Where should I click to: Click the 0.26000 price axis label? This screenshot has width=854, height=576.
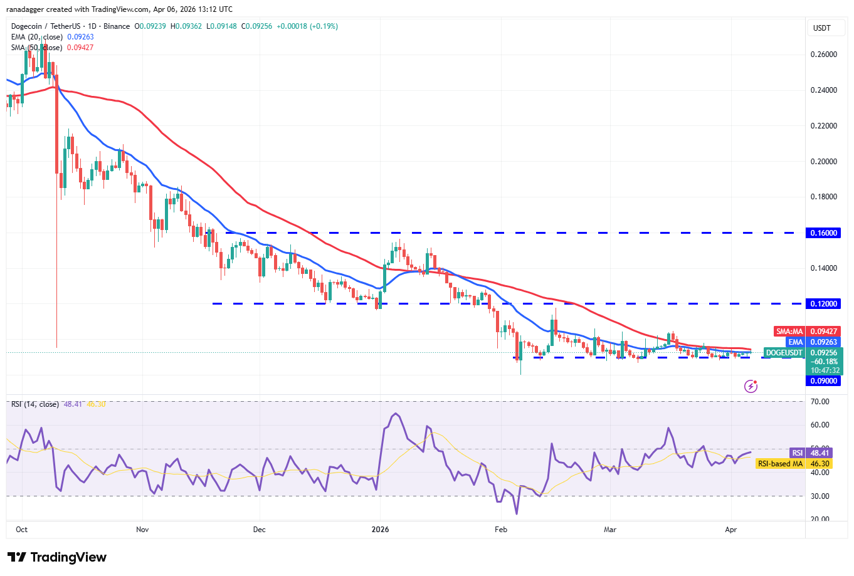point(823,55)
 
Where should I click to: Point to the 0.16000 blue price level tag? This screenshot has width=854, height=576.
point(823,233)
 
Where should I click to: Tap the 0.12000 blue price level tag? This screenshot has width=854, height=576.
point(823,303)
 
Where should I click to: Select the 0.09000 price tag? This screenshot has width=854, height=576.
point(823,380)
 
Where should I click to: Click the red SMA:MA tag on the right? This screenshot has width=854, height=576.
point(789,332)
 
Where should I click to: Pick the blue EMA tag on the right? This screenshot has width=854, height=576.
point(795,342)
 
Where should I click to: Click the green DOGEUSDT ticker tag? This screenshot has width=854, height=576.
point(784,353)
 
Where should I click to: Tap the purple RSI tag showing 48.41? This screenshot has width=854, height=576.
point(797,453)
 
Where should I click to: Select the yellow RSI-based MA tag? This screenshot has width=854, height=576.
point(780,464)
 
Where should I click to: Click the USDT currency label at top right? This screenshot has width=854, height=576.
point(821,28)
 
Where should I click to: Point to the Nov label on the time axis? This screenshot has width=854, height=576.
point(142,530)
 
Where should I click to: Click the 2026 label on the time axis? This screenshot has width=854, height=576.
point(380,530)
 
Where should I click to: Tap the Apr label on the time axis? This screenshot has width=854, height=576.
point(730,530)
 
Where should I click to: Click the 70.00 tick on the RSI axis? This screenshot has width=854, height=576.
point(820,402)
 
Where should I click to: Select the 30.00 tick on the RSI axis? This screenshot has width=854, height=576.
point(820,496)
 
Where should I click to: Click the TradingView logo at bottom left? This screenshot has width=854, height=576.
point(57,557)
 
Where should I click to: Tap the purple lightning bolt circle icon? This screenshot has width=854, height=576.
point(751,386)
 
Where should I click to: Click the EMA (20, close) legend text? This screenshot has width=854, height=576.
point(36,37)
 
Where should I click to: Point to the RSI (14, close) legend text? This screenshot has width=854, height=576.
point(35,404)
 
